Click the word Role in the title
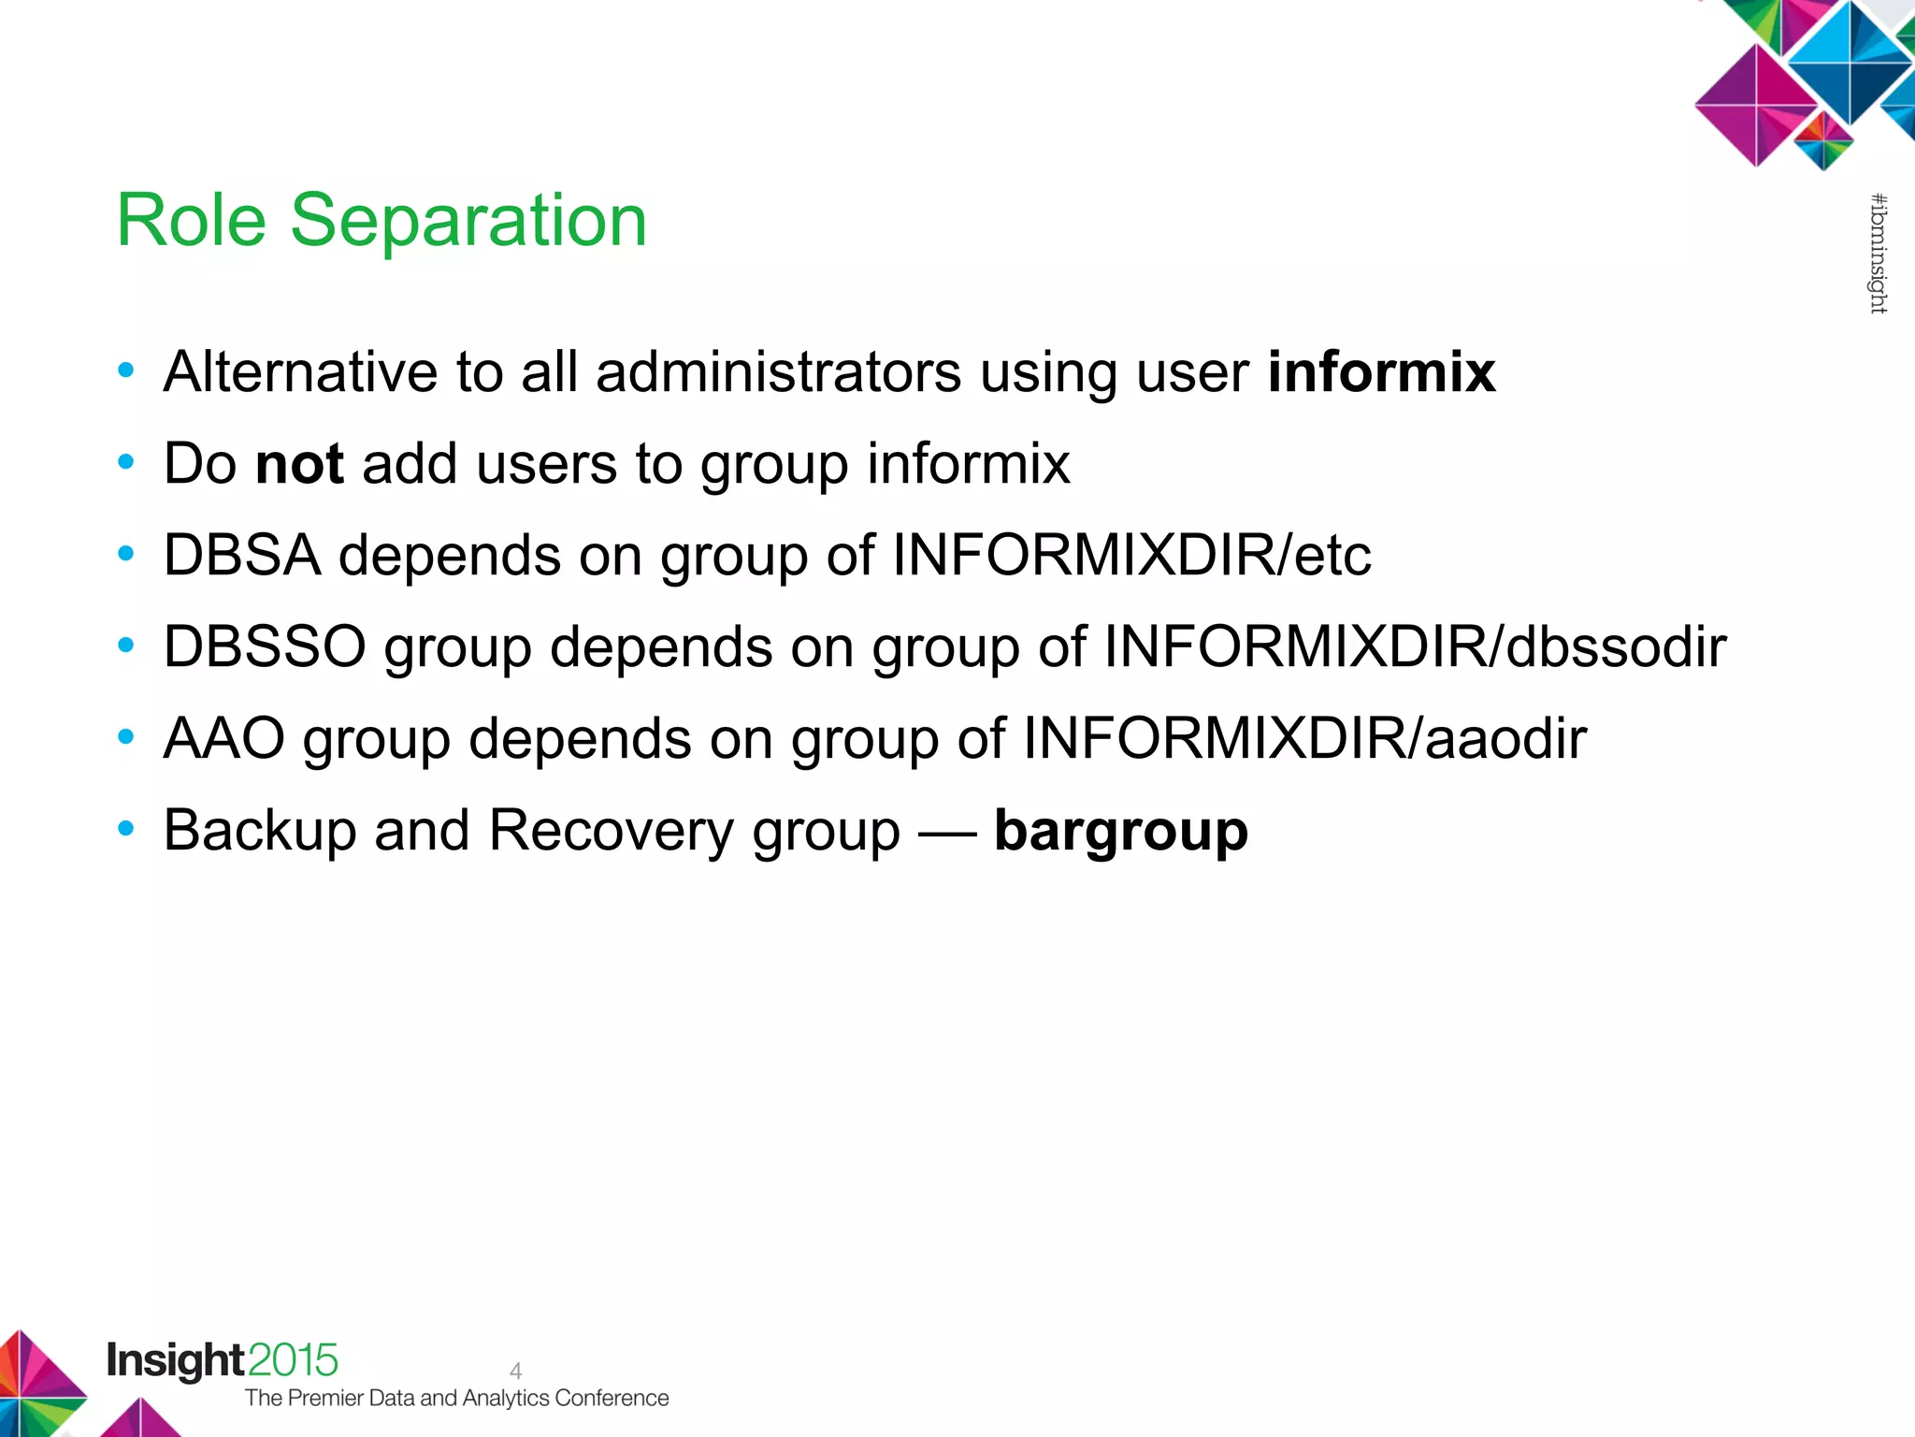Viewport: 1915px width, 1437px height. [x=191, y=221]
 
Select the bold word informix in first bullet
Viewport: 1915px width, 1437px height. [x=1381, y=371]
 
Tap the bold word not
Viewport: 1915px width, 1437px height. [x=299, y=463]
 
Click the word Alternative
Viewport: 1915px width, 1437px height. [x=300, y=371]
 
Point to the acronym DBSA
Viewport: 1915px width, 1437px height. [x=242, y=555]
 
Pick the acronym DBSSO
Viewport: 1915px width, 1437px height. [x=264, y=646]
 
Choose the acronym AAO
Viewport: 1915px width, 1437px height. [x=223, y=738]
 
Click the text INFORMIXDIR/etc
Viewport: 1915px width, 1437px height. [x=1131, y=555]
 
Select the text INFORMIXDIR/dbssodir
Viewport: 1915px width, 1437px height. [x=1414, y=646]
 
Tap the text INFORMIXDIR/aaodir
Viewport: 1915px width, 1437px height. [x=1304, y=738]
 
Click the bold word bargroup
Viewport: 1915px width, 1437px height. [x=1120, y=831]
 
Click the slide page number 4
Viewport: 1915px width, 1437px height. [x=515, y=1371]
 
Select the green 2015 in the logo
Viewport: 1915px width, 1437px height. [x=293, y=1360]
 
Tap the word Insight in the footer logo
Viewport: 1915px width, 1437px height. [x=175, y=1360]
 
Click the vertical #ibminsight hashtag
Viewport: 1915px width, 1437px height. [x=1878, y=253]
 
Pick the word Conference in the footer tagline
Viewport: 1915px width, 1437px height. [x=612, y=1398]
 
